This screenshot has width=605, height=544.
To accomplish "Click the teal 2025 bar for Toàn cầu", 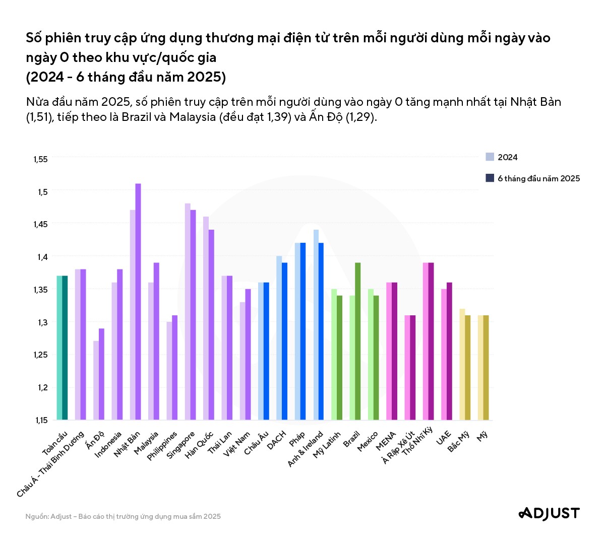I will pyautogui.click(x=65, y=348).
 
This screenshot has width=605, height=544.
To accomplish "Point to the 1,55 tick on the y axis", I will pyautogui.click(x=40, y=159).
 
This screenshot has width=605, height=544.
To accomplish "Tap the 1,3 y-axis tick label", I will pyautogui.click(x=42, y=322).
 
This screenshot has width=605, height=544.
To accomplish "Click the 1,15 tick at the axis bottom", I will pyautogui.click(x=41, y=420).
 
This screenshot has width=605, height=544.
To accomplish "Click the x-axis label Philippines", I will pyautogui.click(x=163, y=445).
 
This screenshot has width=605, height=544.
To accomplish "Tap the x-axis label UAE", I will pyautogui.click(x=444, y=438).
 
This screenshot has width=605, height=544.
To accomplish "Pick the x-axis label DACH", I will pyautogui.click(x=277, y=440).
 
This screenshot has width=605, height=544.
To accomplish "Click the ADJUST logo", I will pyautogui.click(x=549, y=513).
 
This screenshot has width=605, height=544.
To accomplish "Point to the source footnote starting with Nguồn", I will pyautogui.click(x=123, y=516).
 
